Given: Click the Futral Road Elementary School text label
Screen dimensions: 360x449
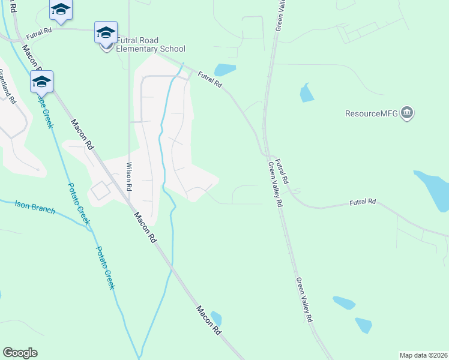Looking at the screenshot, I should pyautogui.click(x=151, y=45).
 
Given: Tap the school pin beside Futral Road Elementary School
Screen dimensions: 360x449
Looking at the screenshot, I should pyautogui.click(x=106, y=33).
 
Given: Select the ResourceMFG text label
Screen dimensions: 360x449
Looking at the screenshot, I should pyautogui.click(x=372, y=113).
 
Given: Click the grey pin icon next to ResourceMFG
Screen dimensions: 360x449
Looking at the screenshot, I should pyautogui.click(x=408, y=113).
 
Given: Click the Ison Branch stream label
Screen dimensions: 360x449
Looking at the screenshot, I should pyautogui.click(x=35, y=207).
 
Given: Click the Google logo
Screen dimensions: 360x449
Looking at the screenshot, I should pyautogui.click(x=20, y=353).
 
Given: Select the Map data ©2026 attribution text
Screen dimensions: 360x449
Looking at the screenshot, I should pyautogui.click(x=423, y=355).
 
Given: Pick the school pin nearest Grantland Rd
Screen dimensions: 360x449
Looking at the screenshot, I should pyautogui.click(x=41, y=82).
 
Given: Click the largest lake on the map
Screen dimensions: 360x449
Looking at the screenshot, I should pyautogui.click(x=435, y=191).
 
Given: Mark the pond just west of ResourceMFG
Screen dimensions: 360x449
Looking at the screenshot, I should pyautogui.click(x=306, y=92).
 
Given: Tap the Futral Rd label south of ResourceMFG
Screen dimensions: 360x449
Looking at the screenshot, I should pyautogui.click(x=363, y=203).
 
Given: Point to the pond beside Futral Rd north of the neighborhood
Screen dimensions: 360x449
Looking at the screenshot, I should pyautogui.click(x=224, y=70).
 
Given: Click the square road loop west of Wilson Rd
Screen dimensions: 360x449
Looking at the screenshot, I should pyautogui.click(x=100, y=191).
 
